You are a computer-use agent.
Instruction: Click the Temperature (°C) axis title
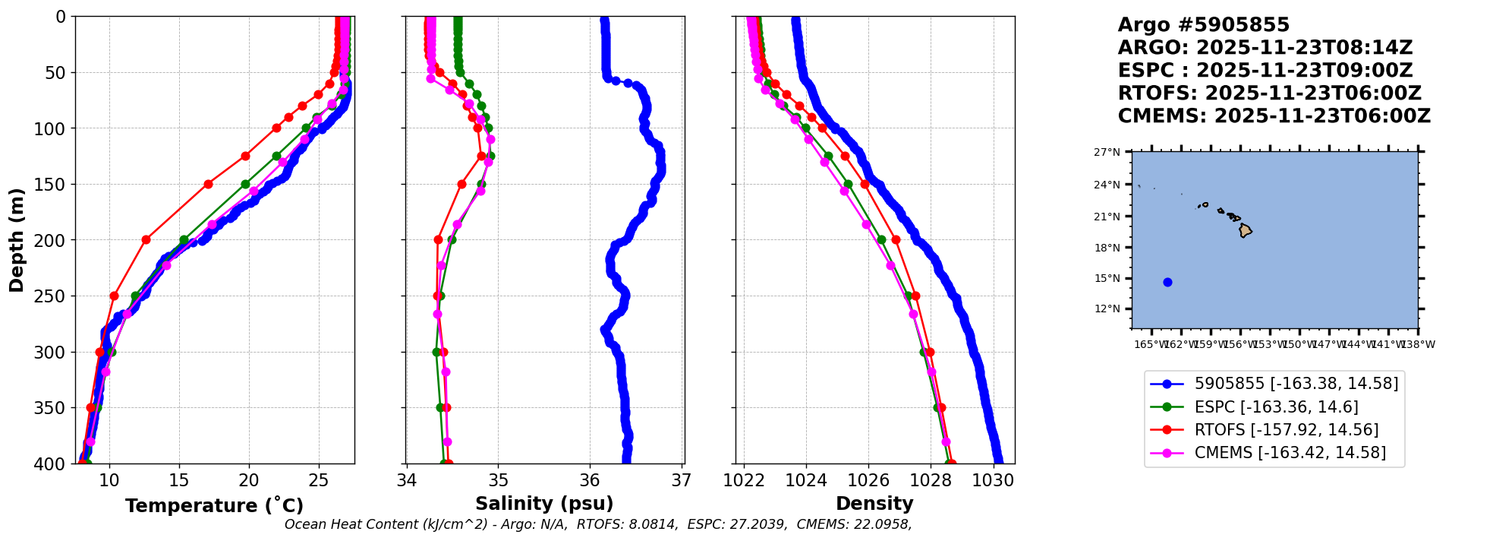pos(214,506)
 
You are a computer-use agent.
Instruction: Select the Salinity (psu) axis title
pos(544,504)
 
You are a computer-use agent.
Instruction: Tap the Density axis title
pos(874,504)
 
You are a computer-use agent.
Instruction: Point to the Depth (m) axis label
pos(17,240)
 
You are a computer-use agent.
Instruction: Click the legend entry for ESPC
pos(1276,407)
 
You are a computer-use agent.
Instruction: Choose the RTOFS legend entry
pos(1286,430)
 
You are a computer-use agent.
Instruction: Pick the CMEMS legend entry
pos(1290,453)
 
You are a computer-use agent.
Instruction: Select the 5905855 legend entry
pos(1296,384)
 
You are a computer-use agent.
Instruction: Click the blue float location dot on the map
pos(1167,282)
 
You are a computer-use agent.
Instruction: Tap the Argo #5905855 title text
pos(1203,25)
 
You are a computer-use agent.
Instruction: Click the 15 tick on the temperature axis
pos(179,480)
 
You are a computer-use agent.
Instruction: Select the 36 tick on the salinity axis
pos(590,480)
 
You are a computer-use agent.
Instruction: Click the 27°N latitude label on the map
pos(1107,152)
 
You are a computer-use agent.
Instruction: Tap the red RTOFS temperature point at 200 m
pos(146,239)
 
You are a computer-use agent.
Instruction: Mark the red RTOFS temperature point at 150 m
pos(208,184)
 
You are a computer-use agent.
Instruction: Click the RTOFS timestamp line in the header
pos(1269,93)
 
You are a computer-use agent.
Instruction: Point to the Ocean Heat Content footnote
pos(597,524)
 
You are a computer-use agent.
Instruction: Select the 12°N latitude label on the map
pos(1107,308)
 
